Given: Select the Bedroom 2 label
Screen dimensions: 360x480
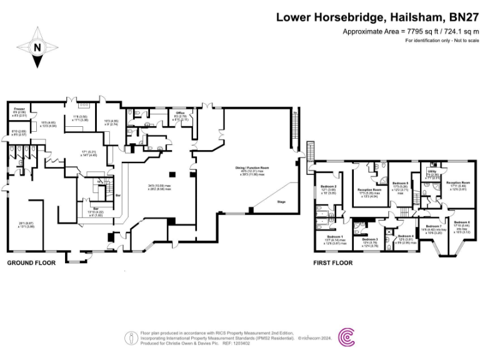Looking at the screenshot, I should [x=329, y=187].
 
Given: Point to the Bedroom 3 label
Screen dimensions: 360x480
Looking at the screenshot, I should [x=371, y=239].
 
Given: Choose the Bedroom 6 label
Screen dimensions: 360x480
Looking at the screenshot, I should [x=461, y=223].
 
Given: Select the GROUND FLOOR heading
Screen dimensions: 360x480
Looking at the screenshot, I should [x=31, y=263].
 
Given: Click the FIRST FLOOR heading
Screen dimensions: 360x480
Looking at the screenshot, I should [x=332, y=263].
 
